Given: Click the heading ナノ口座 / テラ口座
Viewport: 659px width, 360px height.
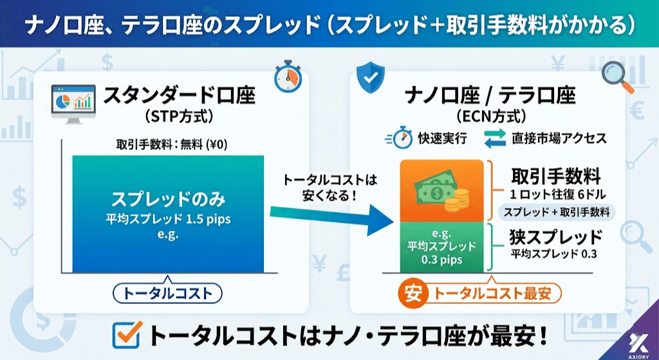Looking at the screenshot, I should (490, 97).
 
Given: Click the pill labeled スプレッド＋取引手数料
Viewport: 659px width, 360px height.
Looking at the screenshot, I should (557, 212).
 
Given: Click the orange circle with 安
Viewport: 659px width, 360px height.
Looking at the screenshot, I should (411, 294).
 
